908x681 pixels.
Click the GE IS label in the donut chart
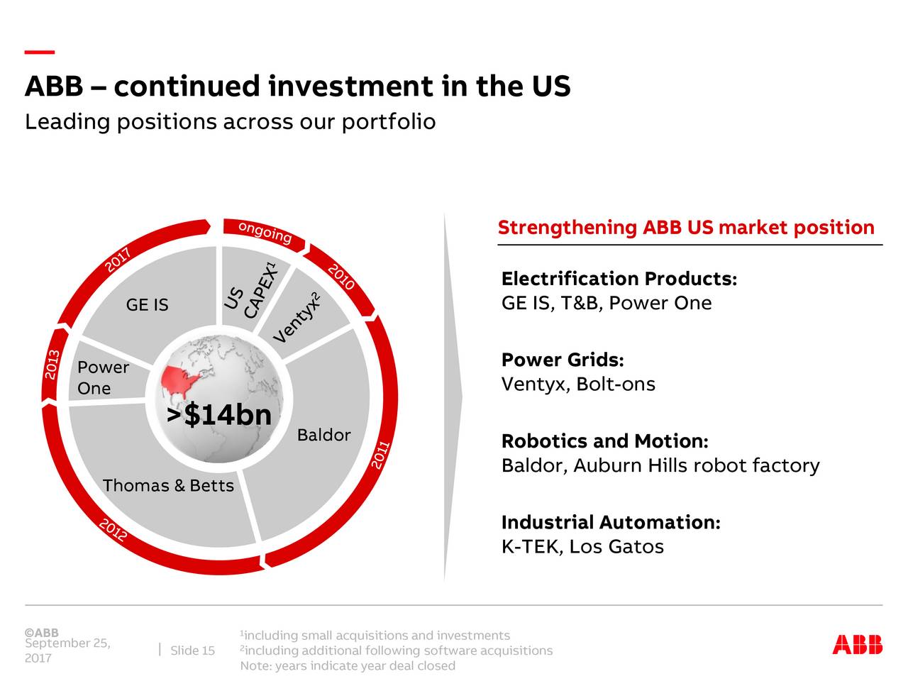(x=147, y=305)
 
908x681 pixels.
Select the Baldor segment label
(x=323, y=435)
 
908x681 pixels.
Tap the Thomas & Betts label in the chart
(x=168, y=486)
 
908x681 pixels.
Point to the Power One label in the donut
(x=103, y=377)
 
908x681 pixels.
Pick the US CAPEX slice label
(x=249, y=294)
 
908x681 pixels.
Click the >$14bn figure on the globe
(x=219, y=416)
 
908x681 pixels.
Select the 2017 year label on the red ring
(x=118, y=260)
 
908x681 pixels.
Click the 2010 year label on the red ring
(x=341, y=277)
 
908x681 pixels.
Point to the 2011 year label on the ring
(x=381, y=455)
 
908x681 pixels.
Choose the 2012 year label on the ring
(x=113, y=529)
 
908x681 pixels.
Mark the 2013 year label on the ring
(x=52, y=365)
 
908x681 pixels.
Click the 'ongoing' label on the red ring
(x=265, y=232)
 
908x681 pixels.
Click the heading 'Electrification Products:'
(x=619, y=279)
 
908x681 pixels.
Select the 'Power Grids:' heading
(x=563, y=360)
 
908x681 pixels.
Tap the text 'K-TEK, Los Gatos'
(x=582, y=547)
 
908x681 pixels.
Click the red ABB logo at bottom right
(x=857, y=644)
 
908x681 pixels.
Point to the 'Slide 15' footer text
(x=192, y=651)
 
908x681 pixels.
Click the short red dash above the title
(x=40, y=52)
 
